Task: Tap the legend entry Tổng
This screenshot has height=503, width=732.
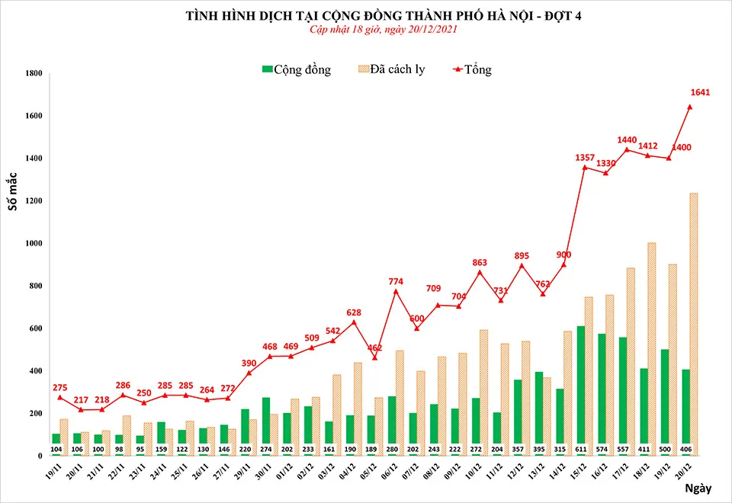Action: [x=472, y=69]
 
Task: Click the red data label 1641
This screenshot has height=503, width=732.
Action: [x=700, y=93]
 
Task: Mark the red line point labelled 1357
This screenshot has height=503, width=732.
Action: [x=584, y=168]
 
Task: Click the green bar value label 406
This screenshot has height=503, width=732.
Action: [x=685, y=450]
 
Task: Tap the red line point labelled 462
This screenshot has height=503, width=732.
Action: [x=374, y=357]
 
